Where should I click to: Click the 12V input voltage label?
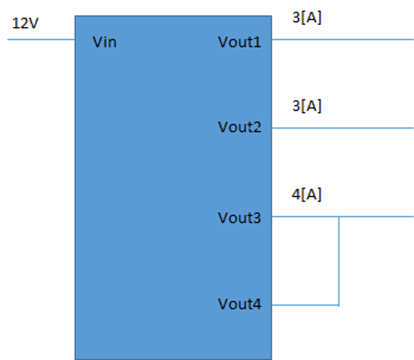coord(25,23)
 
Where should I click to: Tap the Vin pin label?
coord(104,42)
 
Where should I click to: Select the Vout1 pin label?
coord(240,42)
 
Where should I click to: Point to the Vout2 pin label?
coord(240,127)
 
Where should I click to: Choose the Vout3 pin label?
coord(240,218)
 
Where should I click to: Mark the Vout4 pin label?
coord(240,304)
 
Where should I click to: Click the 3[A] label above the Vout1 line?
coord(307,18)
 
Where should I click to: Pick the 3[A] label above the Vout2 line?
coord(307,106)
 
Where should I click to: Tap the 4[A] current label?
coord(307,194)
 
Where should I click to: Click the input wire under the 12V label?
coord(41,39)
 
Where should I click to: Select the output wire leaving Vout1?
coord(342,39)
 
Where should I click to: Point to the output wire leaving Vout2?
coord(342,128)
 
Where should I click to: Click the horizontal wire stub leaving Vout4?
coord(305,305)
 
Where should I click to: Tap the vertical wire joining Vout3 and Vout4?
coord(339,261)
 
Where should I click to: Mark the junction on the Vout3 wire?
coord(339,216)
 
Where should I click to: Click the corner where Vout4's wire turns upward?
coord(339,305)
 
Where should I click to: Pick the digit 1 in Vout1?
coord(257,42)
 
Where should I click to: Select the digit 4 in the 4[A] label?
coord(296,194)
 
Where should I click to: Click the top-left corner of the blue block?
coord(75,16)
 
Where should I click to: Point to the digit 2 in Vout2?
coord(257,127)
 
